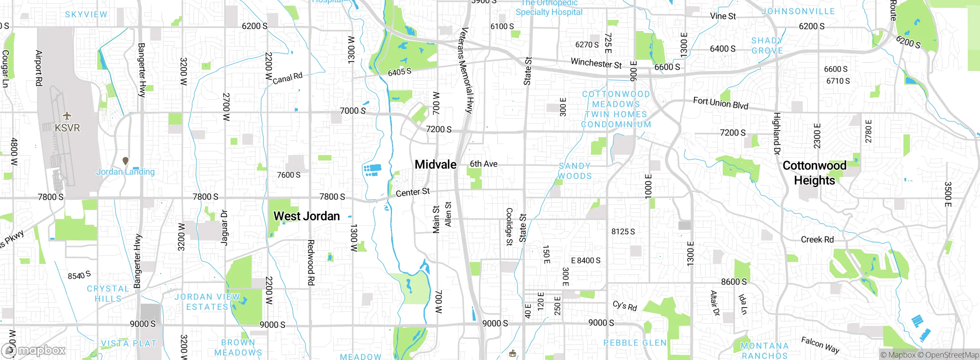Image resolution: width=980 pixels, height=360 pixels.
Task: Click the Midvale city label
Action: click(x=436, y=165)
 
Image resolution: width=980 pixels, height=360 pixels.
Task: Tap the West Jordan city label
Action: click(x=307, y=216)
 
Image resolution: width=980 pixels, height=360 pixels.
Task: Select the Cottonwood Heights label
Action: click(x=814, y=173)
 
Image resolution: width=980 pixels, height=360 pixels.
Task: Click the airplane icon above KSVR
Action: click(x=67, y=115)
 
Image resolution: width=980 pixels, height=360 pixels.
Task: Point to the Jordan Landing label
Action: click(x=125, y=172)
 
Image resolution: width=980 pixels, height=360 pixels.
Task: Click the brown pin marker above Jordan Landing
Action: click(x=125, y=161)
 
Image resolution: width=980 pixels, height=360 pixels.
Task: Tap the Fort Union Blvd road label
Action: click(x=720, y=103)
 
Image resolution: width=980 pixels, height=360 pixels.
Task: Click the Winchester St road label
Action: click(x=596, y=63)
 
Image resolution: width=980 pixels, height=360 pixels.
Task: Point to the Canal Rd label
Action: click(x=287, y=78)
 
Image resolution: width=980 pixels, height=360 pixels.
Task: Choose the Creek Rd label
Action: click(x=817, y=240)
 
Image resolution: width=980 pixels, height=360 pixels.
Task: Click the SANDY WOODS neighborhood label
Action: click(x=575, y=171)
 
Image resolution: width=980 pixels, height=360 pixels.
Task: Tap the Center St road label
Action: click(x=413, y=192)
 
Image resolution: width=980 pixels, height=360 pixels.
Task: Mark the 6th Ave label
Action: click(x=483, y=164)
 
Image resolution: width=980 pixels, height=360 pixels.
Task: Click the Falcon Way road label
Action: click(x=820, y=345)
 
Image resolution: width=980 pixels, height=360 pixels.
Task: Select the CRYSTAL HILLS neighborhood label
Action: click(x=108, y=294)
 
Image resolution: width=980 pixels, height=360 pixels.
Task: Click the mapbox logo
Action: click(x=34, y=350)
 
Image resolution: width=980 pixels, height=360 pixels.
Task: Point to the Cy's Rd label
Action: click(x=624, y=306)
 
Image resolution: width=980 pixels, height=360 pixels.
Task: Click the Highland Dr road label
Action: click(x=776, y=133)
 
